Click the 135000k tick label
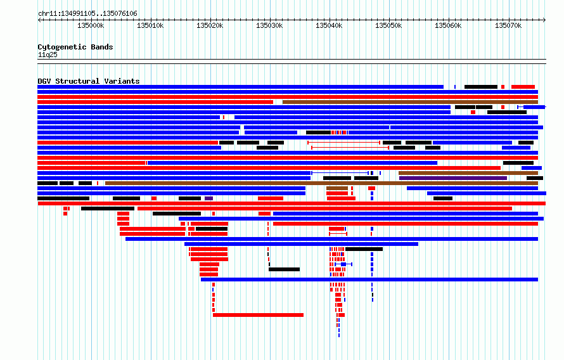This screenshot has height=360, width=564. tap(91, 25)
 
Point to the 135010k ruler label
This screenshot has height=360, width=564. tap(150, 25)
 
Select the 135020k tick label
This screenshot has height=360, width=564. tap(210, 25)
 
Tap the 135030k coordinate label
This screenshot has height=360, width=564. tap(269, 25)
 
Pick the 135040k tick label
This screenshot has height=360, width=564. tap(329, 25)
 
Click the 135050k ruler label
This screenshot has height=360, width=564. tap(388, 25)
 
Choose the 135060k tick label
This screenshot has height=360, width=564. tap(448, 25)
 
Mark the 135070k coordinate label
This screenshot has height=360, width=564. tap(508, 25)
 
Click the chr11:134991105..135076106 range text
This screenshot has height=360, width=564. tap(87, 14)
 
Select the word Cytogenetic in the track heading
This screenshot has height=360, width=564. tap(62, 47)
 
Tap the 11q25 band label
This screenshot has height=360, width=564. tap(48, 55)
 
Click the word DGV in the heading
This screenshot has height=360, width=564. tap(44, 81)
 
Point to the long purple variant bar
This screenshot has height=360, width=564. tap(453, 178)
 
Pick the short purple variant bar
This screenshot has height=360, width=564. tap(208, 198)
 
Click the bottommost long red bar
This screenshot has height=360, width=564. tap(259, 315)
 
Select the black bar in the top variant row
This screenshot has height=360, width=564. tap(481, 87)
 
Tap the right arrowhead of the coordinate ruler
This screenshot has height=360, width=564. tap(544, 20)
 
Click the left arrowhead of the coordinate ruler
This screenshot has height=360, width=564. tap(39, 20)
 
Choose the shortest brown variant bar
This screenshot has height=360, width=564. tap(337, 188)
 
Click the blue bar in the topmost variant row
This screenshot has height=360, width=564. tap(241, 87)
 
